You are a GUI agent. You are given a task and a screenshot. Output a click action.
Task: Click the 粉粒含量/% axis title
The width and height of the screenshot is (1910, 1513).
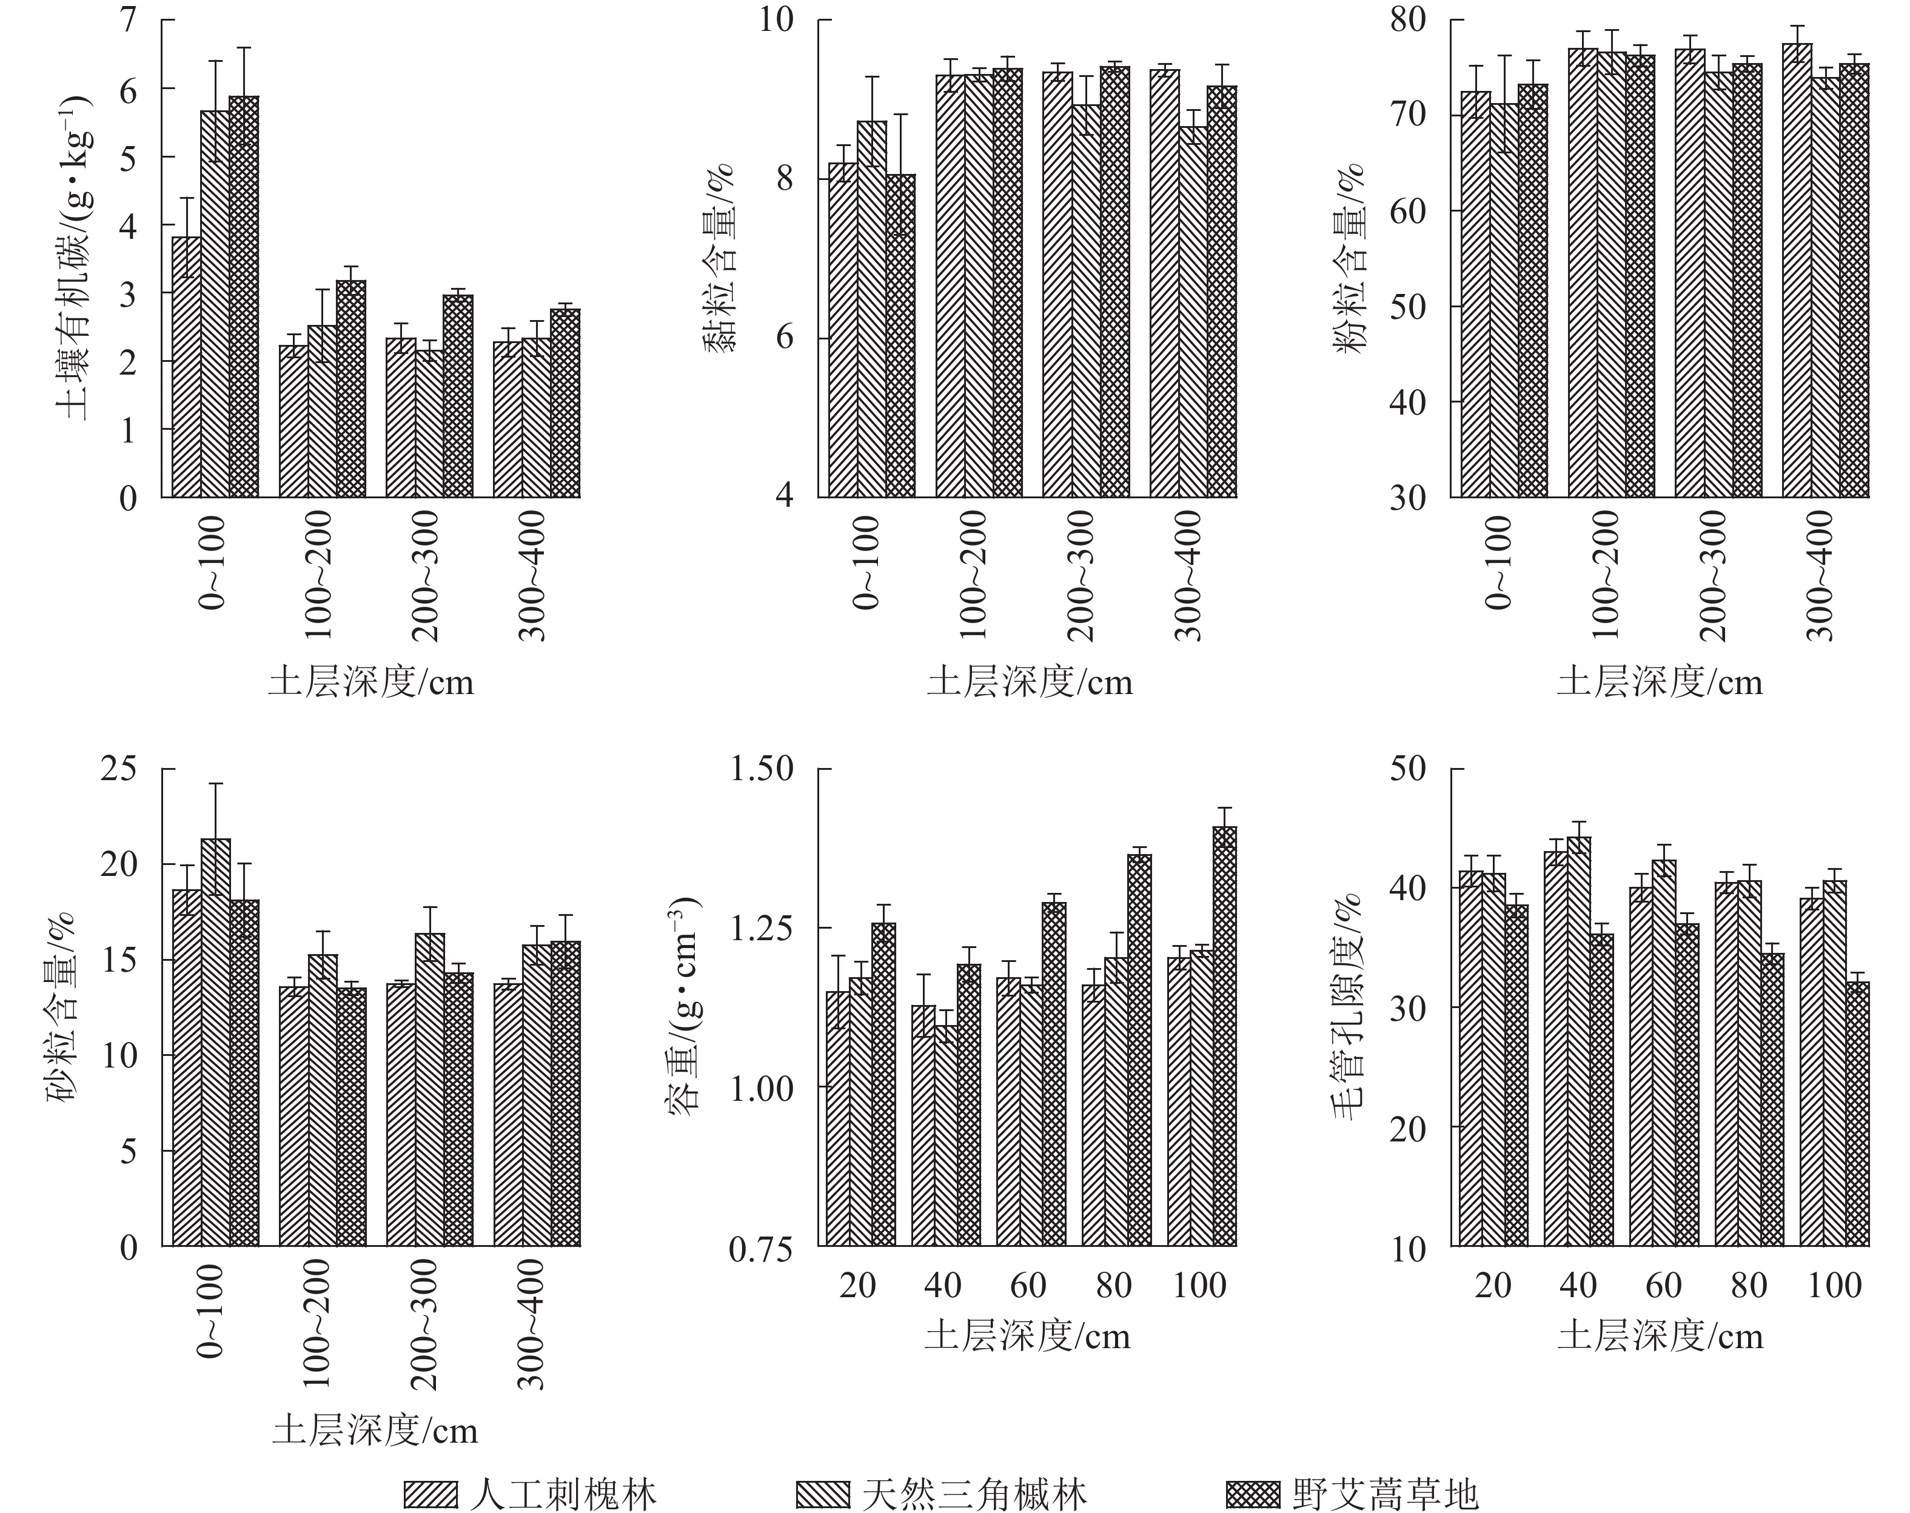1350,257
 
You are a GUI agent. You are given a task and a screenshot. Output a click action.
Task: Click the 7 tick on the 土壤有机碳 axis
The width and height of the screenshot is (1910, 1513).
129,19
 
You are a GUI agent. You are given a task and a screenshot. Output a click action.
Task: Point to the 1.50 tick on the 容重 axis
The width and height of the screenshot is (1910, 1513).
762,768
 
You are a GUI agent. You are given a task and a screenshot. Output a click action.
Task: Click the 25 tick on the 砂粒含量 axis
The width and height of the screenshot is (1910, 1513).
119,768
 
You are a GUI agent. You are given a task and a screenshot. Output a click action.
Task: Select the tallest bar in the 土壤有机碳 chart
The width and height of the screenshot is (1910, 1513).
244,297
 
